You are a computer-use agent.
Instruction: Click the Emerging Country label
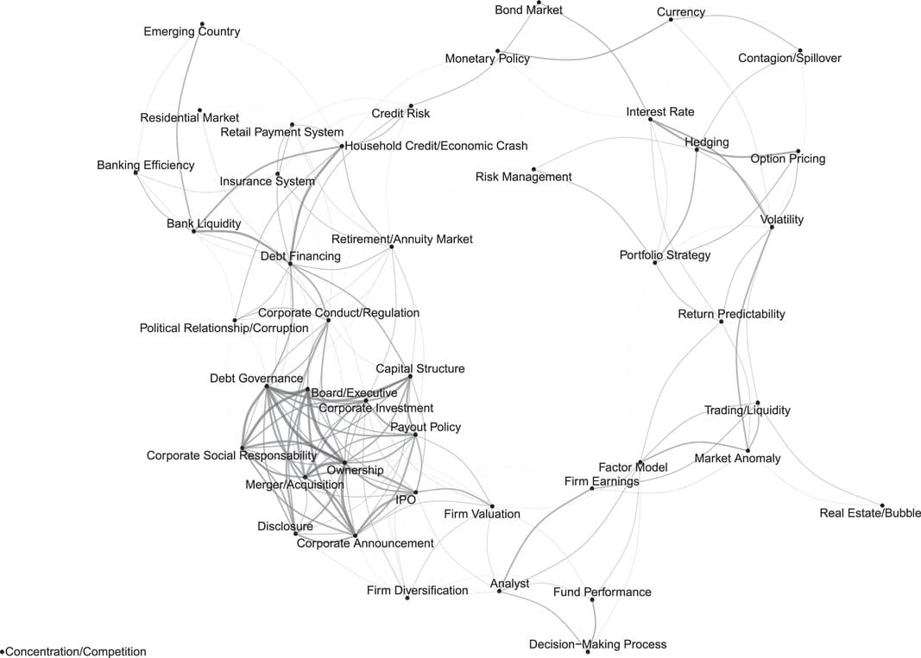pos(192,32)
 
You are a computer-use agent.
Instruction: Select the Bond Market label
pos(528,10)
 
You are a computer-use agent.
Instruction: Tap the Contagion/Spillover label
pos(789,59)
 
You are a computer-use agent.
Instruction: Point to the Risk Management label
pos(523,177)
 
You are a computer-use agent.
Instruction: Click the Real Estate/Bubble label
pos(870,513)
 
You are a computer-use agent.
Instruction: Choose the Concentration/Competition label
pos(76,652)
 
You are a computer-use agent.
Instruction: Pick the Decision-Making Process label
pos(597,644)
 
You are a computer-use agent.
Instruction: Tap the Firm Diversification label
pos(417,591)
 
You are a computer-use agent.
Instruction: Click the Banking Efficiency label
pos(145,165)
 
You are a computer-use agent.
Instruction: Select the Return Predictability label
pos(731,314)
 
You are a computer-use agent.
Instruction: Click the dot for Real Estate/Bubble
pos(882,505)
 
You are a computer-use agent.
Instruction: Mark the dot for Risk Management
pos(533,169)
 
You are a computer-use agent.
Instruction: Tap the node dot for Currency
pos(672,19)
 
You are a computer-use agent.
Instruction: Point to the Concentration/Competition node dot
pos(3,651)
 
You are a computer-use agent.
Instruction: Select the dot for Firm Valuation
pos(492,506)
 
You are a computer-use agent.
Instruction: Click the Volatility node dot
pos(772,227)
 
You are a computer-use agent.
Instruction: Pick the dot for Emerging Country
pos(201,24)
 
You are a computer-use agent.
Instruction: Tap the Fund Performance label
pos(602,592)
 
